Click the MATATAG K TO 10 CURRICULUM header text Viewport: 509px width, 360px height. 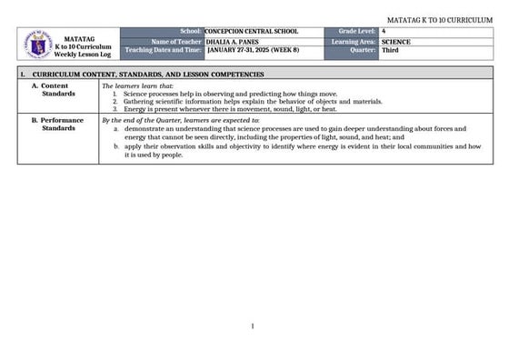(440, 19)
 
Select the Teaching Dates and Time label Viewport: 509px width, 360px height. (164, 50)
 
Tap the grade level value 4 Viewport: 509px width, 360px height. (384, 32)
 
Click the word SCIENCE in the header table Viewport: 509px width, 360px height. (396, 41)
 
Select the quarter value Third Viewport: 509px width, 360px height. (390, 50)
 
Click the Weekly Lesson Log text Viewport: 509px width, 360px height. (83, 55)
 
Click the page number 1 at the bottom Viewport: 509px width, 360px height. (252, 325)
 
